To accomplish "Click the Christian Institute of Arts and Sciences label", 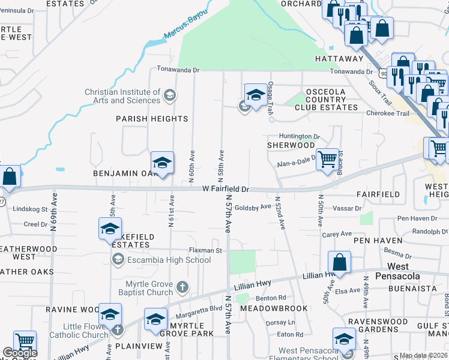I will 122,96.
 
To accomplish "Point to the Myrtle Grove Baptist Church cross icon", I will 183,288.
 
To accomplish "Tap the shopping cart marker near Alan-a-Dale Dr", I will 327,160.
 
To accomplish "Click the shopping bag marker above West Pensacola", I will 339,262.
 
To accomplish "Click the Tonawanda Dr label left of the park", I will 178,70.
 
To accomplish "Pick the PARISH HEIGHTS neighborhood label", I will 152,119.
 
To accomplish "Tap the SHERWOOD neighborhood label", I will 291,145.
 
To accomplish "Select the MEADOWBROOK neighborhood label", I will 273,308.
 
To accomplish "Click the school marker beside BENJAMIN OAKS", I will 161,163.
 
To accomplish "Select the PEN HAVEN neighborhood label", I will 376,241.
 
